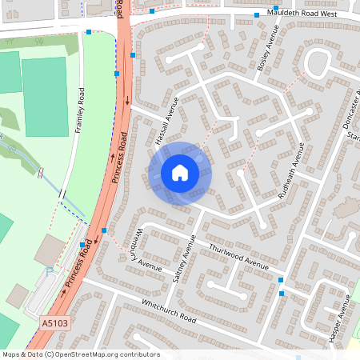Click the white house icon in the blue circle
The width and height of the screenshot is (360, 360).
[180, 172]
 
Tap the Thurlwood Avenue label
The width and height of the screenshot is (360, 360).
[238, 256]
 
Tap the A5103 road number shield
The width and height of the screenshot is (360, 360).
[53, 322]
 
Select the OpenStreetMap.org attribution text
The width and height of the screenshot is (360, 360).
[81, 354]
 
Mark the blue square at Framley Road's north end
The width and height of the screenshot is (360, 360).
[89, 33]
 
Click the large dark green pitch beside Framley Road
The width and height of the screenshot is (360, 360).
[45, 96]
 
